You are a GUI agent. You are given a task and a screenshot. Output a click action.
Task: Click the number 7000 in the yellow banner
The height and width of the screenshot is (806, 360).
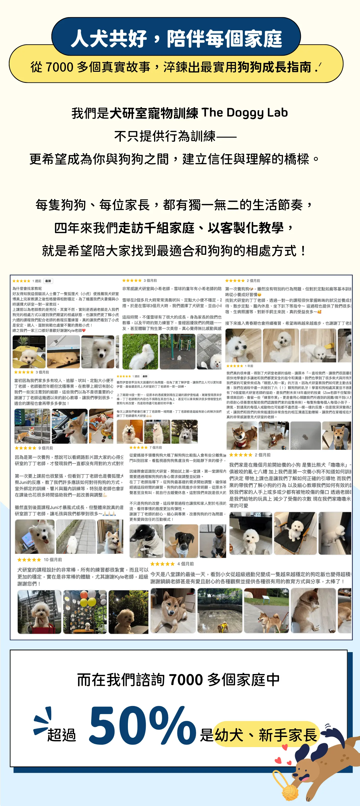59,67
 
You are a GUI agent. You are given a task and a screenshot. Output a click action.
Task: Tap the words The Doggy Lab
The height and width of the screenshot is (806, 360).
245,113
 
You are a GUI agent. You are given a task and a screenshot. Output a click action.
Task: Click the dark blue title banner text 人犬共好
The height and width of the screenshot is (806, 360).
109,39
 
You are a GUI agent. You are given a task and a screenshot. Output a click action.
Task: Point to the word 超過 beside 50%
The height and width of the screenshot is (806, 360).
62,735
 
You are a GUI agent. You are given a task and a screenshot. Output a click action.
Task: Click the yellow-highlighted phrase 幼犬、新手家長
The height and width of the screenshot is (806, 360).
266,735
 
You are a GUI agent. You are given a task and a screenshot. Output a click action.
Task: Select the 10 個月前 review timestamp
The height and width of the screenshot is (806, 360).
53,559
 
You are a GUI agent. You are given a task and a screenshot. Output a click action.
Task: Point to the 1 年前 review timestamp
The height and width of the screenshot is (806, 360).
249,366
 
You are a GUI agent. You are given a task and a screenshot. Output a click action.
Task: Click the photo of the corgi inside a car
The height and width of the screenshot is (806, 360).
69,426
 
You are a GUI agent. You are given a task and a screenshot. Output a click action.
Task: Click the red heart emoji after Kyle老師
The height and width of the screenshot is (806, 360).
84,330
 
